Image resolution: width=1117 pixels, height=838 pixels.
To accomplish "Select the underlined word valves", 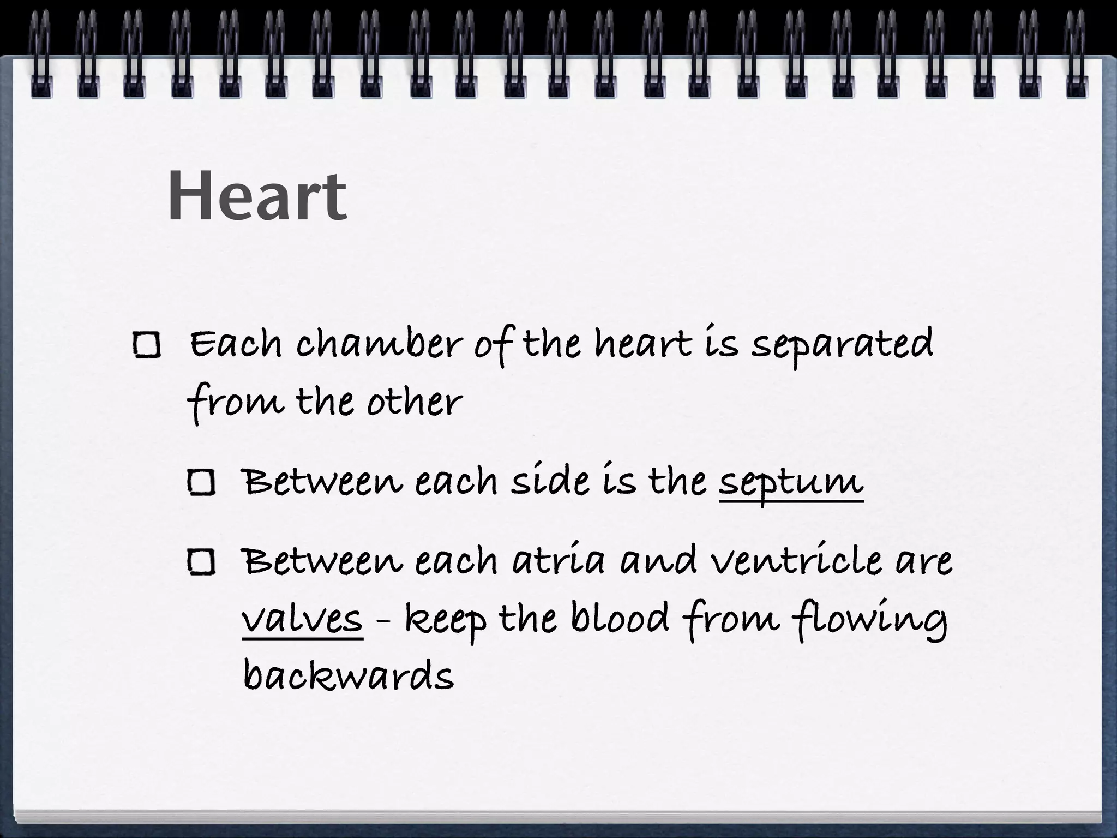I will click(302, 619).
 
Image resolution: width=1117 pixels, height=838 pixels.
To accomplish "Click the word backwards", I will click(348, 675).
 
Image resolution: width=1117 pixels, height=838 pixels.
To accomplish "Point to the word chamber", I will click(379, 345).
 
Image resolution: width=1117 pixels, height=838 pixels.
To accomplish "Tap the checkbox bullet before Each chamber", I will click(147, 345).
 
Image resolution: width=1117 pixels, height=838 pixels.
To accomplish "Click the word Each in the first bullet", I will click(236, 345).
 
